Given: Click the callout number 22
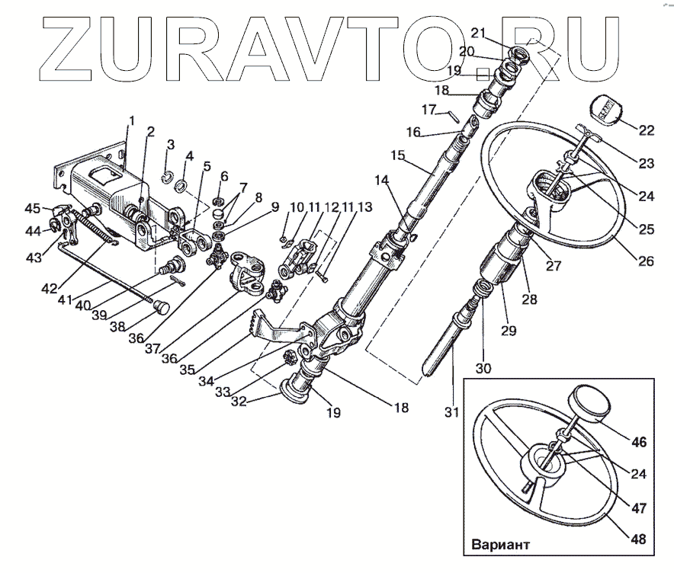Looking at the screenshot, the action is click(x=646, y=130).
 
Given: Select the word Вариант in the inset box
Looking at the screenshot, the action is click(x=500, y=546).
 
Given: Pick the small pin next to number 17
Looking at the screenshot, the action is click(x=453, y=117).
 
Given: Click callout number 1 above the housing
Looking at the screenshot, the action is click(x=132, y=121).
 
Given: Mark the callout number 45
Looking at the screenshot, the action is click(x=32, y=209).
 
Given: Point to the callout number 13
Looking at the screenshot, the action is click(x=364, y=207).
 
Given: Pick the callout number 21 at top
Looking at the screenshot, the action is click(x=478, y=32).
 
